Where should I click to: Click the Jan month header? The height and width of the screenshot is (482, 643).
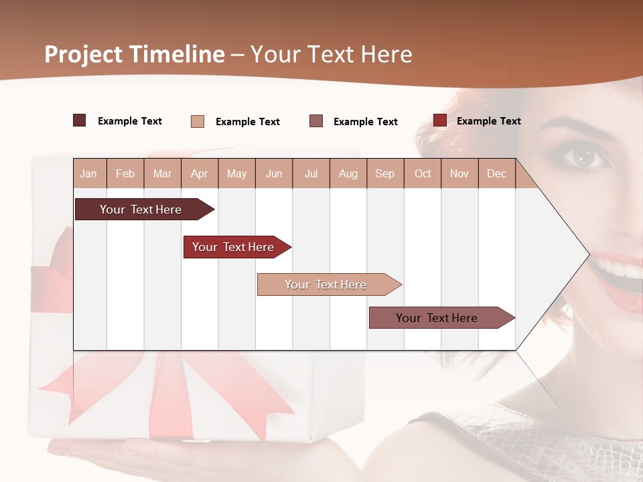[x=88, y=173]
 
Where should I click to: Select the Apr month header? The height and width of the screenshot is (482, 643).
[x=199, y=173]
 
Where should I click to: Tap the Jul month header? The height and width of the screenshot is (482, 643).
[x=311, y=173]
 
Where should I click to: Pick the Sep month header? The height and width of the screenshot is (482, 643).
[x=384, y=173]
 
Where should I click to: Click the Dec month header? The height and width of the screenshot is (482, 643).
[x=496, y=173]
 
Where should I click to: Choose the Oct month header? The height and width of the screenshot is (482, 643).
[x=423, y=173]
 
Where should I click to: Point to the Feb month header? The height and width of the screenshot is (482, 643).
[x=125, y=173]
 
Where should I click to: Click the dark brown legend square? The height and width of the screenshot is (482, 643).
[x=79, y=120]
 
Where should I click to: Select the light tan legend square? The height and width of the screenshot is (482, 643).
[x=197, y=121]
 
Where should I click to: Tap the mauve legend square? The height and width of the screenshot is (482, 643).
[x=316, y=120]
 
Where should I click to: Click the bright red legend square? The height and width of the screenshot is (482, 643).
[x=439, y=120]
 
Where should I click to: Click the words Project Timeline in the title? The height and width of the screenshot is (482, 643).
[x=134, y=54]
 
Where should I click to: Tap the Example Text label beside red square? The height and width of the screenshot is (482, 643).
[x=488, y=121]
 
